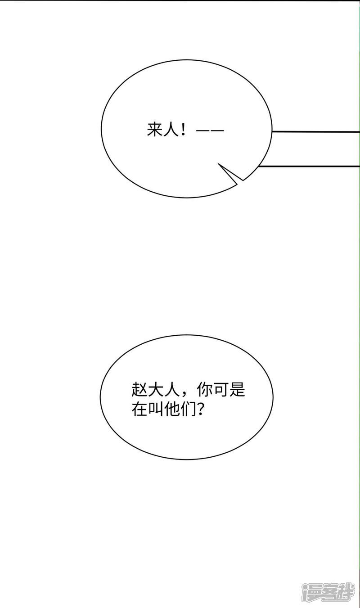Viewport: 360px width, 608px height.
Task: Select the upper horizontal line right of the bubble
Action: pyautogui.click(x=316, y=132)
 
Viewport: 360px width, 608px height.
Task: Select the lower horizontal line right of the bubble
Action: pyautogui.click(x=309, y=166)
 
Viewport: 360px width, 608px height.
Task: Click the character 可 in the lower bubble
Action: pyautogui.click(x=221, y=390)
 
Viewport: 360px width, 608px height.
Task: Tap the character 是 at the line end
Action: pyautogui.click(x=238, y=390)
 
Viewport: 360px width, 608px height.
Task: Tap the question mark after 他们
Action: pyautogui.click(x=200, y=409)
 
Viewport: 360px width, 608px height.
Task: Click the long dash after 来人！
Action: pyautogui.click(x=210, y=131)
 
